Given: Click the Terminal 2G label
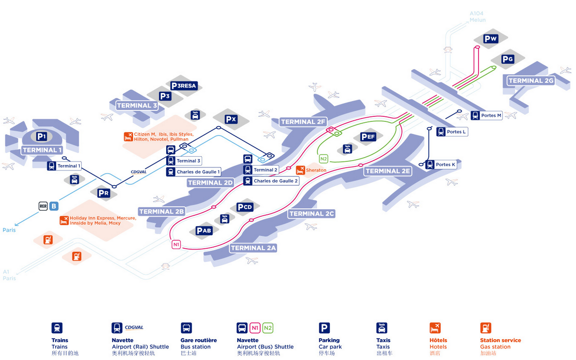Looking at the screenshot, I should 531,81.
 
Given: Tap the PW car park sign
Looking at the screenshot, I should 490,39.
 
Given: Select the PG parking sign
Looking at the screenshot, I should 507,60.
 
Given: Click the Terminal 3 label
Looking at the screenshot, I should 137,105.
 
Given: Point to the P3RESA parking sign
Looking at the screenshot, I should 184,86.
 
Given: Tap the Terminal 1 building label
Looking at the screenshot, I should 42,150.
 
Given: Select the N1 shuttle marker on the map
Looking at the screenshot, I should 176,245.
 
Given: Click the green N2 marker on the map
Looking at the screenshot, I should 323,159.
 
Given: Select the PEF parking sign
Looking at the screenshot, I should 369,137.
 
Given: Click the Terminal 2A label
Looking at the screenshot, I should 254,248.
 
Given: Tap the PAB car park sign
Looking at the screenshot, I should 204,231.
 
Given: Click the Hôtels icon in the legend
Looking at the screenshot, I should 435,328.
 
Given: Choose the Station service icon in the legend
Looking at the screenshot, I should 485,328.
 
